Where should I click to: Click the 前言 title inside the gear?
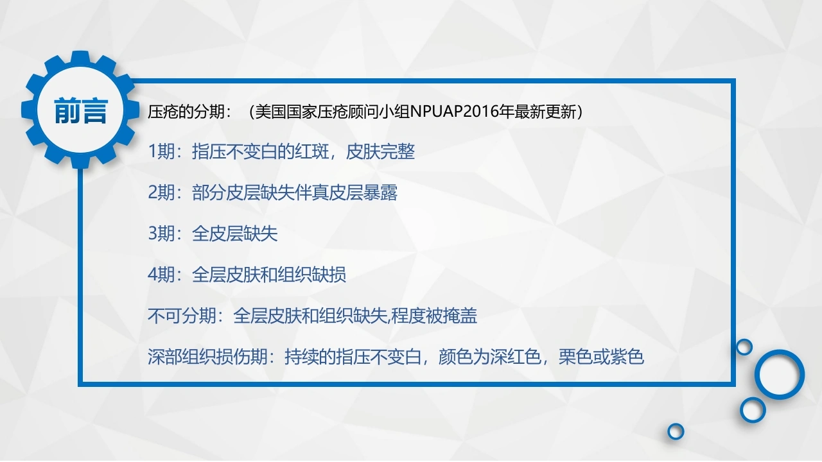81,111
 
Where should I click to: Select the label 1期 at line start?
161,151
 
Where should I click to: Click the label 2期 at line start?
161,193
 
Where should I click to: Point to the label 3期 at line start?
161,234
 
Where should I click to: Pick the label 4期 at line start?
161,275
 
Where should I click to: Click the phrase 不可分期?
182,316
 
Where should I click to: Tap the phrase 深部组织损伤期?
207,357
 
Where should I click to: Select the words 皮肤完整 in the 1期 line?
380,151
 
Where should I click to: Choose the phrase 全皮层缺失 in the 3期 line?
234,234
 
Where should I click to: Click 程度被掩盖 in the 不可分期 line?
434,316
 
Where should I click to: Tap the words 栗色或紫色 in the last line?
601,357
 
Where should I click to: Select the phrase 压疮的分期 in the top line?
186,112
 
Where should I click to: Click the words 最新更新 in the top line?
545,112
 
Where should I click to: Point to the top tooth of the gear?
81,58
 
